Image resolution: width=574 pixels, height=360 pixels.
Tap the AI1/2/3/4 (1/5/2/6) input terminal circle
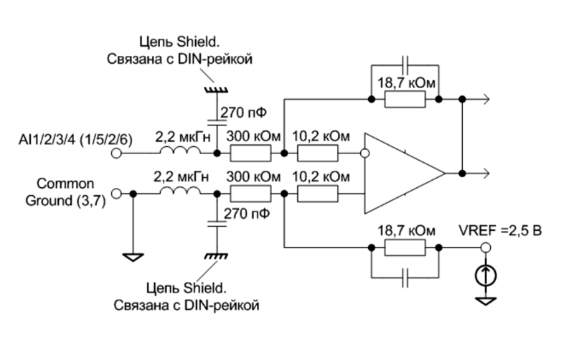point(116,153)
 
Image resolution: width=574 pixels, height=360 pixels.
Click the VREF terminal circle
point(486,247)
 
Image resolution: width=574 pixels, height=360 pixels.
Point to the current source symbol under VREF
point(486,276)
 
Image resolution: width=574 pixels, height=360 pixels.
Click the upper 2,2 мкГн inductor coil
point(181,150)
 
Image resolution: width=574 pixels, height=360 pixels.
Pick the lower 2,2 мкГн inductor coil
point(181,190)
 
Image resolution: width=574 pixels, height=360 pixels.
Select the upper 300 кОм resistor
point(250,153)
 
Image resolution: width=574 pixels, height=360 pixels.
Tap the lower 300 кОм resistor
point(250,194)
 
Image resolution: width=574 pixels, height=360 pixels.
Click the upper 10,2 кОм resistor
point(317,153)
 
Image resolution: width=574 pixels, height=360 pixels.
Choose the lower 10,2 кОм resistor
point(317,194)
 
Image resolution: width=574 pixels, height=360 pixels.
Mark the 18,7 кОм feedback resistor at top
point(405,99)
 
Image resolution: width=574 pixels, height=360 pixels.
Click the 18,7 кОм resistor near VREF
point(405,247)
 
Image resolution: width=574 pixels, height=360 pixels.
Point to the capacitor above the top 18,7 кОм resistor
point(405,65)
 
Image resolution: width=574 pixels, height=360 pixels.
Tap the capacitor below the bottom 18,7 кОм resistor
point(405,278)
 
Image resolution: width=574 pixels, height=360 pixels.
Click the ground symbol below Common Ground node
point(133,257)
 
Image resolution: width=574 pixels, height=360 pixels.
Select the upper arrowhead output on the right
point(486,99)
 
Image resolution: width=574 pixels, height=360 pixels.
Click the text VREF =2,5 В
point(500,231)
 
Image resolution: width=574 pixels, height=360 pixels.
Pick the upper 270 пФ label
point(243,113)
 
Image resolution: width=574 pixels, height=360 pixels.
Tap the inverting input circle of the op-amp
point(364,153)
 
